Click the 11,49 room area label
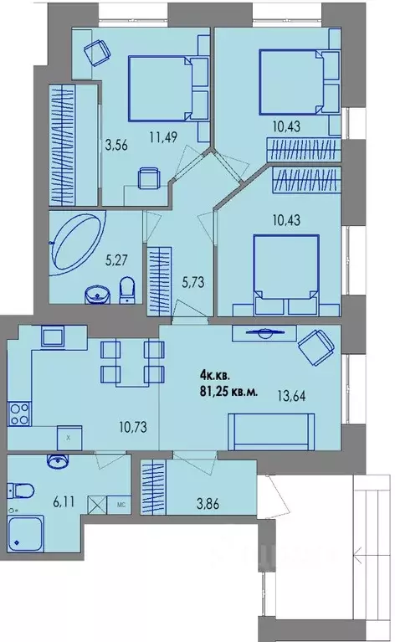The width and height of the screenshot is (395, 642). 163,137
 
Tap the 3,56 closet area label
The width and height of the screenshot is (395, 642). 116,145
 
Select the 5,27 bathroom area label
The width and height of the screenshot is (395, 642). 116,259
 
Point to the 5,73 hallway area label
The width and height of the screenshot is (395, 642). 192,282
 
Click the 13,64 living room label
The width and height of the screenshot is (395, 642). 291,396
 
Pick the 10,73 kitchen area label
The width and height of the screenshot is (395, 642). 133,427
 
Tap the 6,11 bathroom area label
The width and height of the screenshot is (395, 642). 64,501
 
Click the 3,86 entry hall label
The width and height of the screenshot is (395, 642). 208,504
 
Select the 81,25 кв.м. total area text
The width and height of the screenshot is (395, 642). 228,392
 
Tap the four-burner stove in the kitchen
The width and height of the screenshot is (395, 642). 19,413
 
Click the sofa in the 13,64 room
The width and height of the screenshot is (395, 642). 271,431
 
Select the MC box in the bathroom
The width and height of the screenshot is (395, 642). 119,505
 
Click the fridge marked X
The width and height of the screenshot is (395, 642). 69,438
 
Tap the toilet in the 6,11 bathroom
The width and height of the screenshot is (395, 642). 21,490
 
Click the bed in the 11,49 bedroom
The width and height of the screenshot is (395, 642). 160,89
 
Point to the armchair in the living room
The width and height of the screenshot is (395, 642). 316,347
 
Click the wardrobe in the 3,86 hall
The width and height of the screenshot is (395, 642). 153,487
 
